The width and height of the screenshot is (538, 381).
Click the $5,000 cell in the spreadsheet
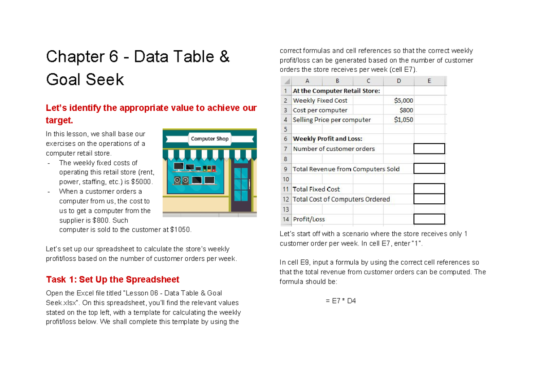click(403, 101)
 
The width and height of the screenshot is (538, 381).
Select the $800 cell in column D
click(406, 110)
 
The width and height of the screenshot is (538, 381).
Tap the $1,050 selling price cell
click(403, 120)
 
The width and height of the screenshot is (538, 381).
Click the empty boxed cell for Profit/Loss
click(429, 219)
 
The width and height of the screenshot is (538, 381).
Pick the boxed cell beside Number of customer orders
click(429, 149)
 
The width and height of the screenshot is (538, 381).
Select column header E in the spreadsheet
click(429, 81)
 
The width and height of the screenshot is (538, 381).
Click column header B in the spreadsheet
click(337, 81)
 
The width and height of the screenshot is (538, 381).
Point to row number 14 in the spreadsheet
click(286, 219)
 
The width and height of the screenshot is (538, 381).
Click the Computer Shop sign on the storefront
click(209, 139)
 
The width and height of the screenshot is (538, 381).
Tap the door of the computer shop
click(240, 185)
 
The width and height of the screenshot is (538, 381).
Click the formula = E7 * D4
click(340, 301)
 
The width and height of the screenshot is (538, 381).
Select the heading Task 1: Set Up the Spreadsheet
click(113, 280)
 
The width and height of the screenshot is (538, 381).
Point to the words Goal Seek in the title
click(85, 80)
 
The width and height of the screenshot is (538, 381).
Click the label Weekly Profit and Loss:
click(327, 139)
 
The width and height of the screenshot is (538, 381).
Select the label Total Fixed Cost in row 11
click(316, 189)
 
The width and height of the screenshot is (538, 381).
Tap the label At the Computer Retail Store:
click(336, 91)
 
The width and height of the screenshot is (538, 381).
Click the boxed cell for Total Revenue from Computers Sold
click(429, 169)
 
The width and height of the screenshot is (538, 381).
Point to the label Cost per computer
click(320, 110)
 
